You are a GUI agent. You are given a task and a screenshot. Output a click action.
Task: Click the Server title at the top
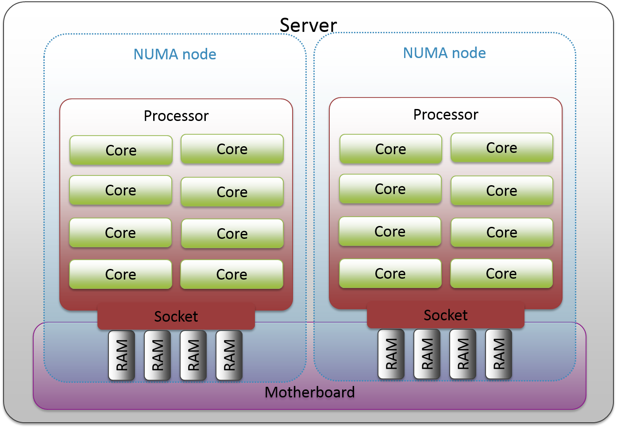(308, 25)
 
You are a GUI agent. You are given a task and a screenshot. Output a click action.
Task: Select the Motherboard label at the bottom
(309, 392)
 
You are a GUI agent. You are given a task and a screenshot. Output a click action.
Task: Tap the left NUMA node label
(175, 54)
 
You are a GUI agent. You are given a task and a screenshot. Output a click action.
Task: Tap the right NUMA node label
(444, 53)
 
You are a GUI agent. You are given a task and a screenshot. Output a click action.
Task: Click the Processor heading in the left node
(176, 116)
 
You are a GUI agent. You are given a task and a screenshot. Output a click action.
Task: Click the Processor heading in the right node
(446, 114)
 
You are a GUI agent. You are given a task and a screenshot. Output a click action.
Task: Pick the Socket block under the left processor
(176, 316)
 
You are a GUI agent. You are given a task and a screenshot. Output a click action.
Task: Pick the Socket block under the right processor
(446, 315)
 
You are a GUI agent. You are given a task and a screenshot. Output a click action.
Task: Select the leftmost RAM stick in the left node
(122, 355)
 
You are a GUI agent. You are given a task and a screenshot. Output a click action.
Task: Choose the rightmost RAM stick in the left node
(229, 355)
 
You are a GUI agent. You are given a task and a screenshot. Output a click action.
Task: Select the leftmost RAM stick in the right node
(391, 354)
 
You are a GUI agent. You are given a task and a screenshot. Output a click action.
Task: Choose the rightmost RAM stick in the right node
(499, 354)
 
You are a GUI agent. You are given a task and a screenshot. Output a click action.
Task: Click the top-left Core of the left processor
(121, 150)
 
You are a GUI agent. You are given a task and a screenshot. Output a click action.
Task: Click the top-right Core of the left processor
(232, 149)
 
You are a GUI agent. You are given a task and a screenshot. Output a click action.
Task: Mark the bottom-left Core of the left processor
(120, 274)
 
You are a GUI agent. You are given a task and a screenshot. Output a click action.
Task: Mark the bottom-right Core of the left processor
(231, 274)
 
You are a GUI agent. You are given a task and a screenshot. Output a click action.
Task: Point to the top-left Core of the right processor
(390, 149)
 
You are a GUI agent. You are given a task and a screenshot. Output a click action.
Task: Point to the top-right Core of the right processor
(501, 148)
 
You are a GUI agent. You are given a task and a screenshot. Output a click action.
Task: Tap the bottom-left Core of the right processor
(390, 273)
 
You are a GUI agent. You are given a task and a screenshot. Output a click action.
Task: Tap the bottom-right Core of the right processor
(501, 273)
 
